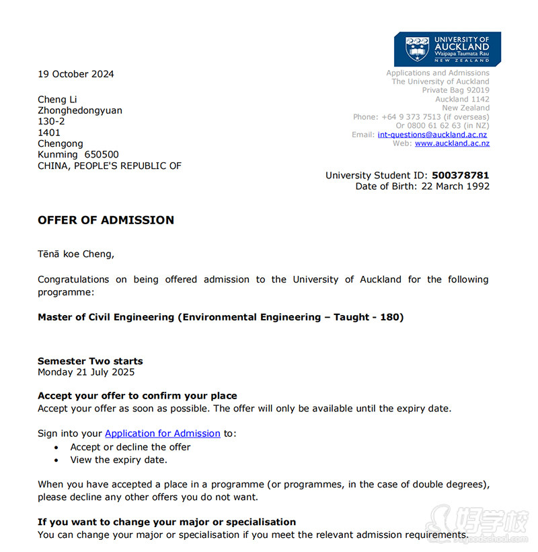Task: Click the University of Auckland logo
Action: click(x=447, y=48)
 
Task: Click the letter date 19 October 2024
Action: click(x=76, y=74)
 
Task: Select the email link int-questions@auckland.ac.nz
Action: click(x=432, y=135)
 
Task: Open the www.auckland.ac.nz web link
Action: click(x=452, y=143)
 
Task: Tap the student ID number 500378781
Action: click(x=461, y=176)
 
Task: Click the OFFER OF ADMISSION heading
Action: click(x=106, y=220)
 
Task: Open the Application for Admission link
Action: click(x=163, y=434)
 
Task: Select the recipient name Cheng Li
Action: click(x=57, y=100)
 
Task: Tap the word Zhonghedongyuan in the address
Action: click(x=80, y=110)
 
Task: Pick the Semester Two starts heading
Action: click(x=90, y=361)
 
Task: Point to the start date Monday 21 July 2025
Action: click(x=86, y=372)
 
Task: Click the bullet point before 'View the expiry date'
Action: click(x=56, y=460)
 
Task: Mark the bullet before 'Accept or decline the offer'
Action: click(x=56, y=448)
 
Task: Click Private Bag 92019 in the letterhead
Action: click(x=455, y=90)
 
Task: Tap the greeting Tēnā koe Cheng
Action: click(x=76, y=254)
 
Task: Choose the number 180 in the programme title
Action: click(x=389, y=317)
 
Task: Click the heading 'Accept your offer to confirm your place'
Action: click(x=137, y=396)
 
